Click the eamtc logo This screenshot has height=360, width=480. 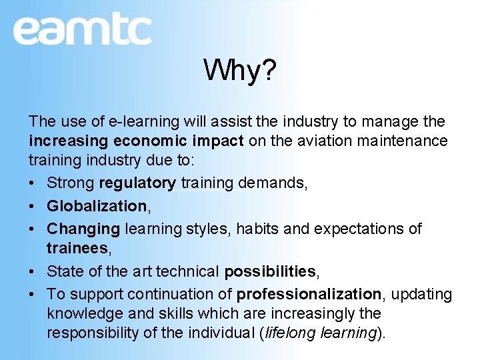82,30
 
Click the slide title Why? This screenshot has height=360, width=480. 239,69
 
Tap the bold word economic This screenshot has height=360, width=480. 151,141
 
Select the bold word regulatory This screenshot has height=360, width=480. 137,183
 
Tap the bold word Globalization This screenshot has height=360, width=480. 97,206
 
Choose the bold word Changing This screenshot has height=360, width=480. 83,229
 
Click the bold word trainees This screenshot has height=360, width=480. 75,248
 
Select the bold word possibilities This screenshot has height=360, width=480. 270,271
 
